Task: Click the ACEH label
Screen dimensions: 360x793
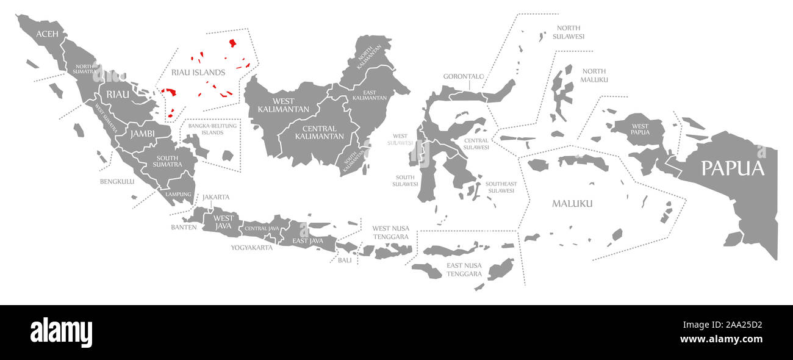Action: [x=47, y=34]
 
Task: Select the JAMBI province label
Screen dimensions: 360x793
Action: [x=142, y=133]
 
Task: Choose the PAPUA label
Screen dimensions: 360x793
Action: [x=732, y=168]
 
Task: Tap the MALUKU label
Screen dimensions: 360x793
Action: [x=572, y=203]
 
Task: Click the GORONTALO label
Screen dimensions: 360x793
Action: [x=463, y=77]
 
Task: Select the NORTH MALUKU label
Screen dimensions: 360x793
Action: [x=594, y=76]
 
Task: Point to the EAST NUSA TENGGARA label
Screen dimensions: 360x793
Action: [x=464, y=270]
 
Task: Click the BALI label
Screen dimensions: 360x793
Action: [x=345, y=260]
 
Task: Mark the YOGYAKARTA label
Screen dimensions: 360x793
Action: [x=251, y=248]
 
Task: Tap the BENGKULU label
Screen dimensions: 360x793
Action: [x=117, y=181]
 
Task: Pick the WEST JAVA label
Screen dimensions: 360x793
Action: [x=223, y=222]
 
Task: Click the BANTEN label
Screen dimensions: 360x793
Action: [x=184, y=227]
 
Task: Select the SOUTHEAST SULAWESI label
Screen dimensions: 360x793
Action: [x=501, y=187]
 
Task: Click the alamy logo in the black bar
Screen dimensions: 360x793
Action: [x=61, y=333]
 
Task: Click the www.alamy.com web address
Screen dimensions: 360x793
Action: [x=721, y=340]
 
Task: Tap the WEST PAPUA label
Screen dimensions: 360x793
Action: [x=640, y=129]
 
